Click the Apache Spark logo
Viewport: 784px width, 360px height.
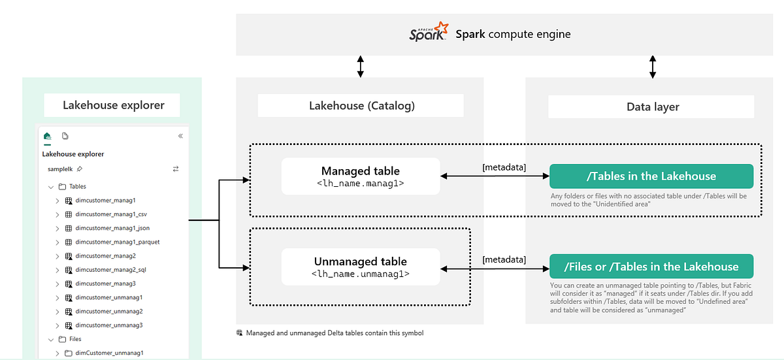[429, 33]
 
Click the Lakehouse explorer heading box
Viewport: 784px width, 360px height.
[114, 105]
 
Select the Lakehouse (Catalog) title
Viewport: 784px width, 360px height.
[361, 105]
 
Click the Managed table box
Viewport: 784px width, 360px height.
[360, 177]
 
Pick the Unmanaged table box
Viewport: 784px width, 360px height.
[360, 267]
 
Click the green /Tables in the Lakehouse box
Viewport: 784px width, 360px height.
[651, 176]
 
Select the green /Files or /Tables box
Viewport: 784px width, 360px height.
[651, 267]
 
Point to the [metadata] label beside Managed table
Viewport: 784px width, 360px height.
[504, 167]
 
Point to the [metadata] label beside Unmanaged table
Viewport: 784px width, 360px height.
[504, 259]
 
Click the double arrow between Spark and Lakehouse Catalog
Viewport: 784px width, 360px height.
[360, 67]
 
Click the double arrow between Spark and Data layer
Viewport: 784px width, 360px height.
[652, 67]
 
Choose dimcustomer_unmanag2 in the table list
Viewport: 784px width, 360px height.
[108, 311]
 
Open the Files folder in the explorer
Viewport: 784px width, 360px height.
[75, 339]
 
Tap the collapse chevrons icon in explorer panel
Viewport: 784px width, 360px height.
[180, 137]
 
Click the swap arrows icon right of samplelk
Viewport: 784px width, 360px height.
[175, 169]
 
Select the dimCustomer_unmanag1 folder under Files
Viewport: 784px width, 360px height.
[108, 353]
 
